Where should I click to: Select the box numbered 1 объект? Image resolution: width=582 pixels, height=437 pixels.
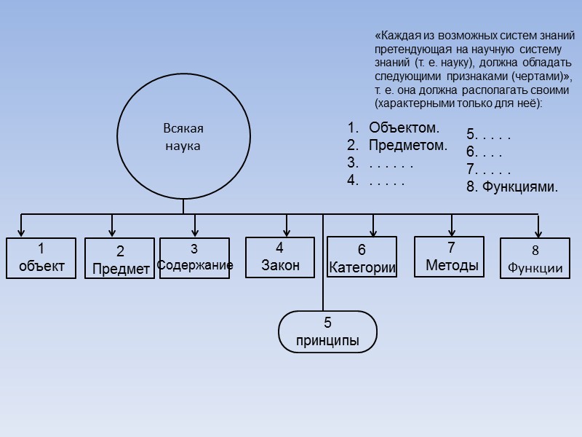[41, 258]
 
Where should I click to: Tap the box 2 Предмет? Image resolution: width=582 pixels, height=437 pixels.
[120, 259]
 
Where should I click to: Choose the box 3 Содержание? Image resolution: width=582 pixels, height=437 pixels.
[194, 259]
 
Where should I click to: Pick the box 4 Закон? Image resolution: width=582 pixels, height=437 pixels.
[280, 257]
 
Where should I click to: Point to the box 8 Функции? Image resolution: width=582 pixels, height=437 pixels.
[535, 259]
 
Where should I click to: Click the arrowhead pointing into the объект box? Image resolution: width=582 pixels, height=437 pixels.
[23, 232]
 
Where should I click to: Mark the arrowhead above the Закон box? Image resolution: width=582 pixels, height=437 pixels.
[287, 232]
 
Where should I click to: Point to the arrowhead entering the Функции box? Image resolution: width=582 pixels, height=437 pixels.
[538, 234]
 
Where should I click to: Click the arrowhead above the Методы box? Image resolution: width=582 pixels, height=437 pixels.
[452, 232]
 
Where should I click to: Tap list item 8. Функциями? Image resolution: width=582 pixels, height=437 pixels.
[512, 187]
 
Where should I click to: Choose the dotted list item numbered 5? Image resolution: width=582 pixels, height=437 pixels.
[488, 135]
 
